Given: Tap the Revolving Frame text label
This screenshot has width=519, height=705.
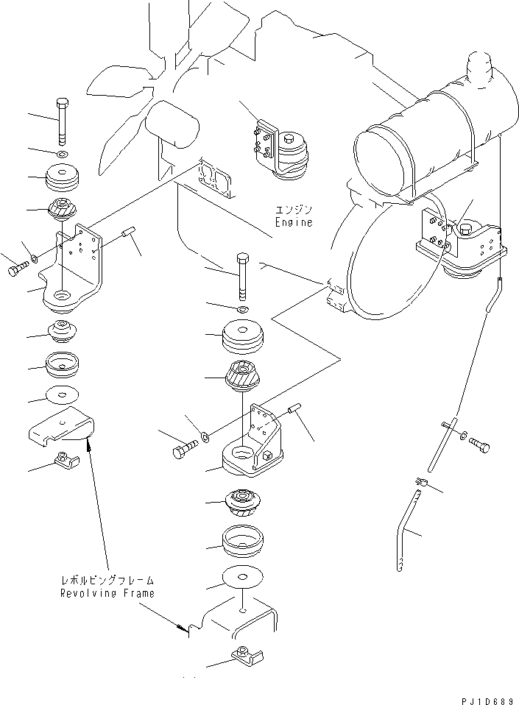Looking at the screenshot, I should [x=107, y=593].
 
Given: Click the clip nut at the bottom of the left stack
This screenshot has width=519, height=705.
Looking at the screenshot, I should [x=66, y=462].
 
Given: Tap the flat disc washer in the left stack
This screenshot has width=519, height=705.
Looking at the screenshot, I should [x=62, y=395].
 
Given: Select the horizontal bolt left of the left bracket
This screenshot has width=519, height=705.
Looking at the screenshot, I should [x=16, y=270].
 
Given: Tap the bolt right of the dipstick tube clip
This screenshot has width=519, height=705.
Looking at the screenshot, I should [x=479, y=444].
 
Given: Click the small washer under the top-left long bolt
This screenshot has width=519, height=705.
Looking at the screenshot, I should [x=61, y=154].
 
